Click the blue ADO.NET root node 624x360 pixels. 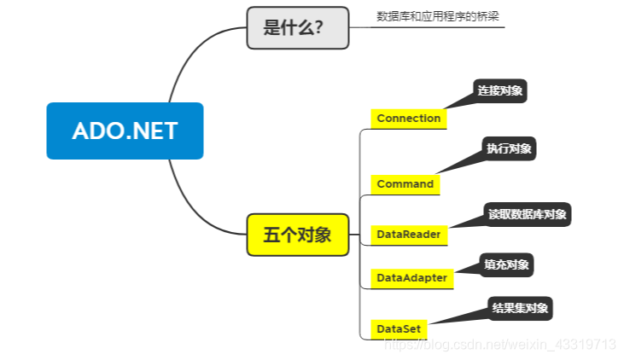point(125,131)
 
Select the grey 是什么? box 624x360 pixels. point(297,27)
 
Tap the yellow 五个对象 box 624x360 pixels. point(297,235)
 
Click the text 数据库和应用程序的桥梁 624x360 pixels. point(427,16)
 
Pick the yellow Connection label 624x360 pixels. point(408,118)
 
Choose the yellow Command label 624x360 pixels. point(405,183)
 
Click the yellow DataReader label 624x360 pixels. point(410,233)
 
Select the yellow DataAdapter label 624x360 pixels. point(411,277)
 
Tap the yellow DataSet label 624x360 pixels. point(398,328)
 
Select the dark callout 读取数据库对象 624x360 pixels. point(526,213)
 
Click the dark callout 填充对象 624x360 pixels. point(505,264)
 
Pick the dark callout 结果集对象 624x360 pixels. point(520,307)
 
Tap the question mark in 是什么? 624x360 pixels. point(318,27)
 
